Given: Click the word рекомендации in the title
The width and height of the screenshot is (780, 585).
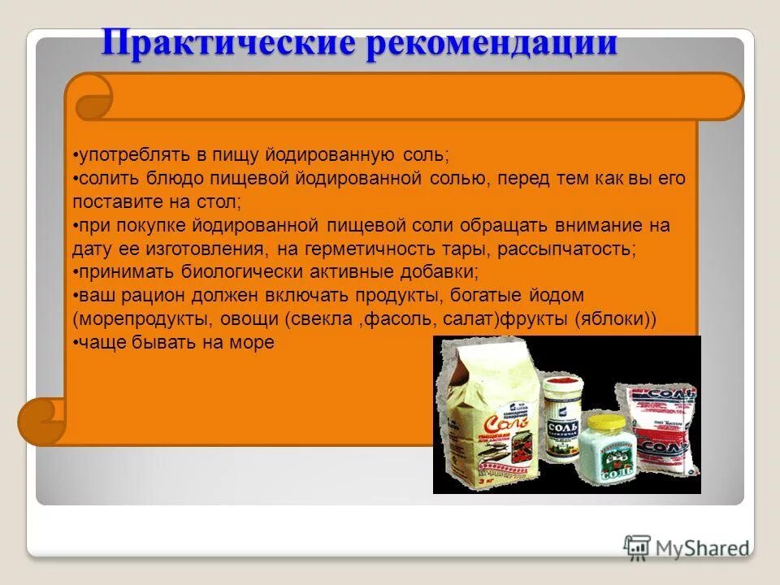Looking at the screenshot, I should tap(492, 42).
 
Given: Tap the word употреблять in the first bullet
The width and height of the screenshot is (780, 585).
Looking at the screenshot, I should tap(123, 154).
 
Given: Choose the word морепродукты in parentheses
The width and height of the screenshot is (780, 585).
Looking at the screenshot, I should tap(132, 318).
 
